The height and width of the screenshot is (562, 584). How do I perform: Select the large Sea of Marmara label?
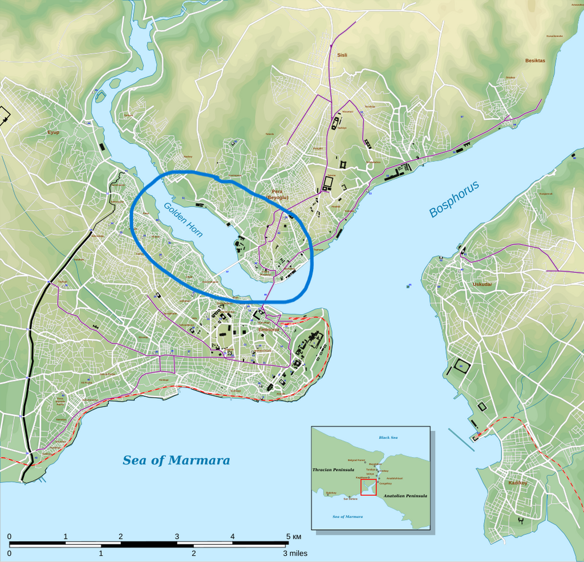[x=176, y=460]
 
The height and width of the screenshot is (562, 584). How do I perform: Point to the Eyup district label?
[x=53, y=132]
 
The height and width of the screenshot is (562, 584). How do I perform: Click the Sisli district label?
[x=342, y=55]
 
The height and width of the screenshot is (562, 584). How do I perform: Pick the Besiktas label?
[x=535, y=60]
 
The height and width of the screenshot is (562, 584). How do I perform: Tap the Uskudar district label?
[x=482, y=284]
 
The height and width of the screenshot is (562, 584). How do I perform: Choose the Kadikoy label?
[x=518, y=483]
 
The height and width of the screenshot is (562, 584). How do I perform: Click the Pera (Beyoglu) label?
[x=277, y=194]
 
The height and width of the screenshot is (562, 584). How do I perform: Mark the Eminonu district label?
[x=269, y=330]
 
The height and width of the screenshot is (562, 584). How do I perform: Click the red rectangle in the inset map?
[x=368, y=487]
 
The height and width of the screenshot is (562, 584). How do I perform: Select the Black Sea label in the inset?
[x=388, y=437]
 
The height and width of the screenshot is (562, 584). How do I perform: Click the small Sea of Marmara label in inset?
[x=347, y=516]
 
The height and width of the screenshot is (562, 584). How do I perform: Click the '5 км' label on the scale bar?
[x=294, y=536]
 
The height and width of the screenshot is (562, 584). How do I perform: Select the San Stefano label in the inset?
[x=349, y=498]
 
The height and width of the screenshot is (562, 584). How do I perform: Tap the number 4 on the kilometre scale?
[x=233, y=536]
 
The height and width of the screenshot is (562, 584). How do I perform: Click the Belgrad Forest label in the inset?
[x=356, y=460]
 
